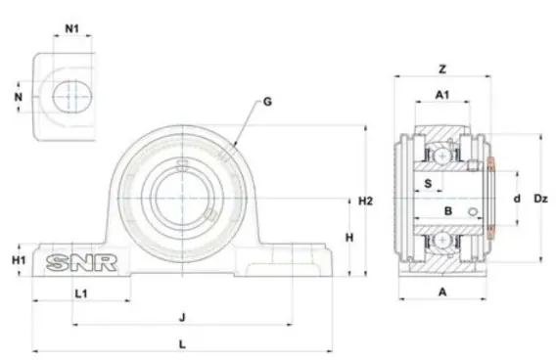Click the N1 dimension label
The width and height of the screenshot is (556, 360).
tap(72, 28)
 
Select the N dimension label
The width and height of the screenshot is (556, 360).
tap(19, 97)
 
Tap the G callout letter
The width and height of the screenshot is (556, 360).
tap(267, 102)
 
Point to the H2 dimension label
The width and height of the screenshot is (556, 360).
tap(365, 201)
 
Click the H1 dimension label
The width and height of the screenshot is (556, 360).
tap(19, 260)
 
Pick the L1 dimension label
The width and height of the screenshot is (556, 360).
tap(81, 293)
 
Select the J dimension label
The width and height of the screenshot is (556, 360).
tap(182, 317)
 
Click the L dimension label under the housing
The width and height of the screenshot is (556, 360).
tap(182, 344)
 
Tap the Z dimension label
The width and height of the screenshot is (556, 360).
tap(442, 69)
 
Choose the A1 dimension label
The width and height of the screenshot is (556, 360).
tap(442, 95)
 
